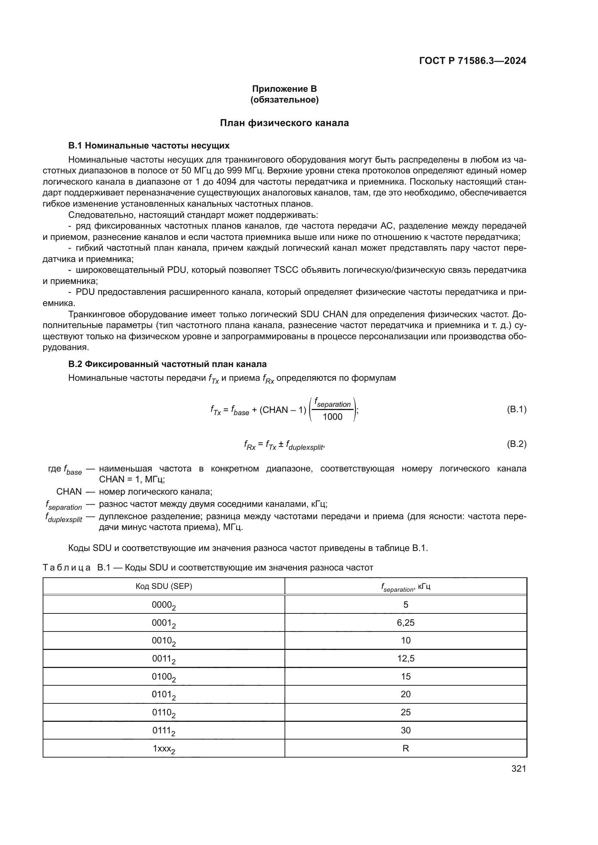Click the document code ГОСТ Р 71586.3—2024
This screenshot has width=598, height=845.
[x=473, y=61]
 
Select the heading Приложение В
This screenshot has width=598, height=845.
[x=284, y=89]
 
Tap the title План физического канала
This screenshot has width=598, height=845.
[x=284, y=123]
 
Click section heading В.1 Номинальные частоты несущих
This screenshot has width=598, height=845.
[x=149, y=146]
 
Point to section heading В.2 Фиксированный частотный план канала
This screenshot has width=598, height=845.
[x=167, y=364]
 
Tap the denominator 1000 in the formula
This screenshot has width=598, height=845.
[x=332, y=417]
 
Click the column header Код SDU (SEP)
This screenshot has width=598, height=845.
[x=164, y=586]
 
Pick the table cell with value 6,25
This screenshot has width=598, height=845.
[x=405, y=623]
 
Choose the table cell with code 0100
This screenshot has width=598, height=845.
[x=163, y=677]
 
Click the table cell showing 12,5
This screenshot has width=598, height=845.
[x=405, y=659]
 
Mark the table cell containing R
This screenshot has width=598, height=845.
[x=405, y=748]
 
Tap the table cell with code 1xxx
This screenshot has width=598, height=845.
[x=163, y=749]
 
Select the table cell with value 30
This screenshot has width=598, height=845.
[x=405, y=730]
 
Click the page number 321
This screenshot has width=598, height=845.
[x=518, y=768]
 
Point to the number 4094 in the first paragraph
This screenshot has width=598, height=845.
[x=226, y=182]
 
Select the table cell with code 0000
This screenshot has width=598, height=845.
[x=163, y=605]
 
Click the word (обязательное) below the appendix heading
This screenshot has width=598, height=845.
[x=284, y=100]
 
